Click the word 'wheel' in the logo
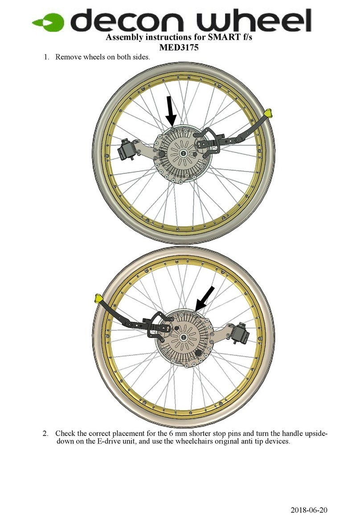250,21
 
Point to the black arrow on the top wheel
170,110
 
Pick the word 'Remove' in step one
67,58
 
